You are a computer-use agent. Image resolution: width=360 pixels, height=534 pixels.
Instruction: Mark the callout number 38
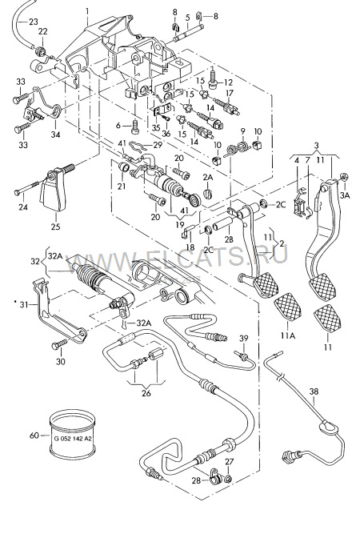click(x=314, y=392)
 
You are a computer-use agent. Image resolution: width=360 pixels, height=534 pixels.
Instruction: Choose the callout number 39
click(x=245, y=339)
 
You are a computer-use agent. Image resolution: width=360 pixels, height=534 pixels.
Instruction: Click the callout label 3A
click(x=346, y=195)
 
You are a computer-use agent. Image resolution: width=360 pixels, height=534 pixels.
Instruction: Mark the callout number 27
click(x=229, y=463)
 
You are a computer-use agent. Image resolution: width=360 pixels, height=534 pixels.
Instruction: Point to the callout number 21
click(x=122, y=187)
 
